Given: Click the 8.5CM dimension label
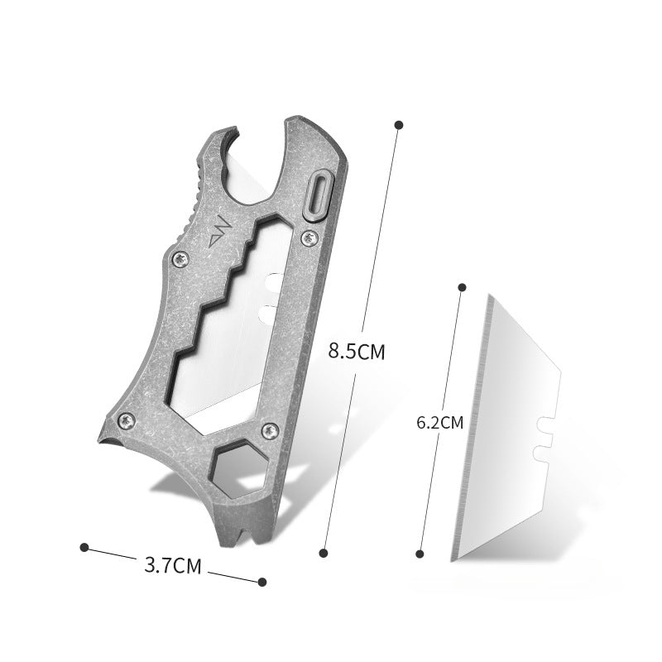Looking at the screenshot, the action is (x=357, y=351).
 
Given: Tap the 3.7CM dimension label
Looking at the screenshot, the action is (x=173, y=565).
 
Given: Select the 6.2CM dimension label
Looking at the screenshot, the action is (x=440, y=423).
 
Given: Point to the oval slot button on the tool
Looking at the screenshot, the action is (x=319, y=194).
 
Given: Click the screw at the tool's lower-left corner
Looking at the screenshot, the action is (x=127, y=421).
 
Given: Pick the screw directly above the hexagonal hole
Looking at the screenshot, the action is (x=271, y=431).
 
